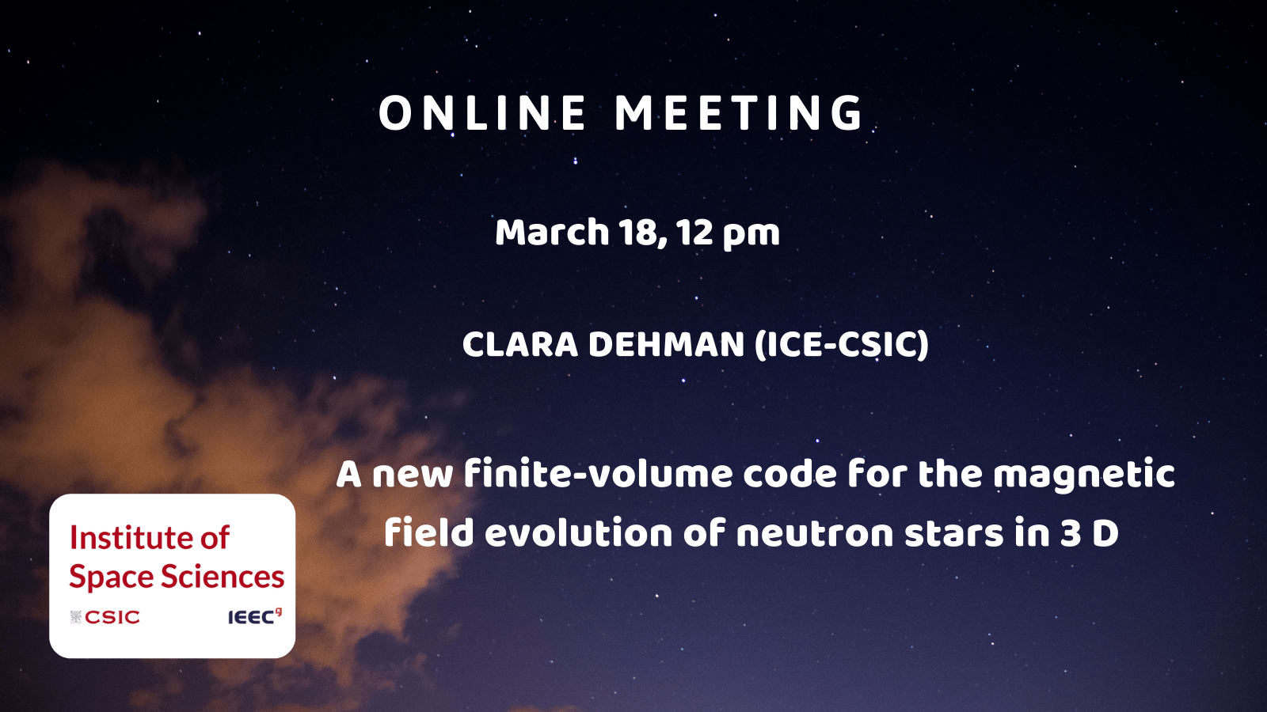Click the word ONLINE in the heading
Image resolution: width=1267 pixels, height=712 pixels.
point(482,114)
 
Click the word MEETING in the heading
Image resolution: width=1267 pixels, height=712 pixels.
point(740,114)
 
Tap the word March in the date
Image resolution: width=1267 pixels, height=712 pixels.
point(552,233)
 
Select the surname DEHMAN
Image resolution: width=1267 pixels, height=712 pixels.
point(666,344)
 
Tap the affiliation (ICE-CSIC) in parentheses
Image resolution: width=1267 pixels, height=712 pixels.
point(842,345)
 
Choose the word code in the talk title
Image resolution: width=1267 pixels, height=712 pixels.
point(789,474)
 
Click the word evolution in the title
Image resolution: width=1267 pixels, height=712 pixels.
point(579,533)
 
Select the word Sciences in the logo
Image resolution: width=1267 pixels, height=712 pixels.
point(223,577)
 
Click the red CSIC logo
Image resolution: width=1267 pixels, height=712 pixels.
point(105,617)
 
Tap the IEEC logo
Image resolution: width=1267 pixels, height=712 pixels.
point(254,616)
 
